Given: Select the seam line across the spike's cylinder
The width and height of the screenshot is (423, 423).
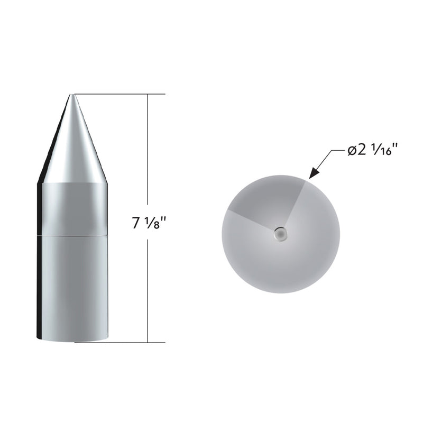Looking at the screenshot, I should click(x=72, y=234).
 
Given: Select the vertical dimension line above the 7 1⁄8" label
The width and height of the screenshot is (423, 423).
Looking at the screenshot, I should click(x=149, y=153).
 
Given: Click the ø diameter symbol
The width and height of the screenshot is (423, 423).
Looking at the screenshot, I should click(x=353, y=151).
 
